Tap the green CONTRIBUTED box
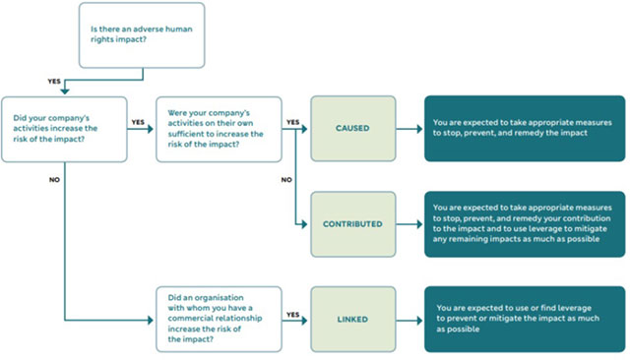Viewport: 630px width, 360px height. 351,223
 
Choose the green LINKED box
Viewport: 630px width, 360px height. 351,319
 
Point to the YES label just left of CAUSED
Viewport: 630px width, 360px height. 292,122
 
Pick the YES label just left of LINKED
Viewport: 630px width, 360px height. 292,315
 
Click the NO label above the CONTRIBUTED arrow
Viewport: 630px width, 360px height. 287,180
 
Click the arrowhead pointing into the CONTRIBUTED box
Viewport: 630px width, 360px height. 306,224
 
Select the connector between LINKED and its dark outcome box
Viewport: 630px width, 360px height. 409,319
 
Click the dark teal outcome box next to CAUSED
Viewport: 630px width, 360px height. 524,127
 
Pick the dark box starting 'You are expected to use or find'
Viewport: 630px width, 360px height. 524,319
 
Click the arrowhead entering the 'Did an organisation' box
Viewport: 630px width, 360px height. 154,320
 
